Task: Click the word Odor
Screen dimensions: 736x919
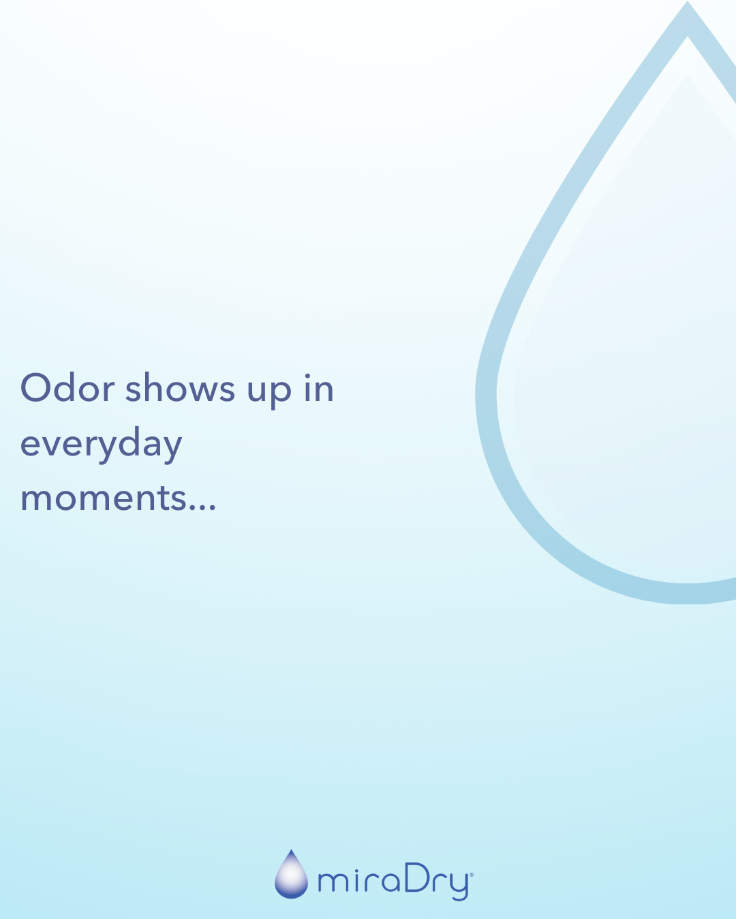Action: point(67,387)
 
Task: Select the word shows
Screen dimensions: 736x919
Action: point(180,387)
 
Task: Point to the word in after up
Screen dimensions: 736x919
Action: point(319,388)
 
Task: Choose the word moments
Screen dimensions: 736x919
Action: point(104,498)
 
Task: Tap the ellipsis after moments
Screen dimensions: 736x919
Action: point(202,507)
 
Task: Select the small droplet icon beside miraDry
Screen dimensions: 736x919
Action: point(291,874)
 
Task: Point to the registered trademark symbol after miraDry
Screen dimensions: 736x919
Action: point(472,875)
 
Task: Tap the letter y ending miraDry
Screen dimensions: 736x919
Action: point(459,887)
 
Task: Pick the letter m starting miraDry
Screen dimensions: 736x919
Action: point(333,882)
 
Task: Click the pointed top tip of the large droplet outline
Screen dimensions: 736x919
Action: point(687,1)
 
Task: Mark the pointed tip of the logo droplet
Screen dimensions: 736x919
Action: point(291,850)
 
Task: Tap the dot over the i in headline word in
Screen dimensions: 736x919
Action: point(307,376)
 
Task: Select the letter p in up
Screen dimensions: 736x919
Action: point(281,394)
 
